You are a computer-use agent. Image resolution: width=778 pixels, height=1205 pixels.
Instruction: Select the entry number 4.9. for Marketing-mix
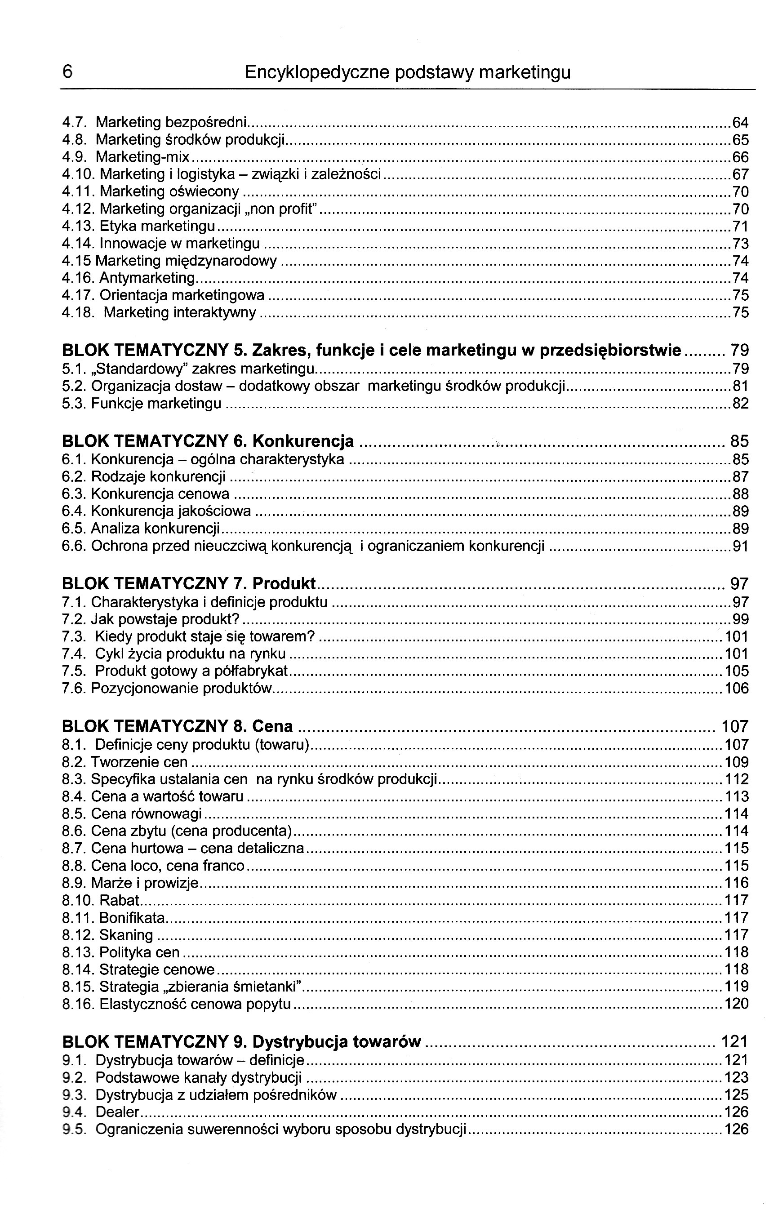point(73,157)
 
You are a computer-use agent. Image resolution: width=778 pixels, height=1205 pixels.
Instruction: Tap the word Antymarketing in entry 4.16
point(147,278)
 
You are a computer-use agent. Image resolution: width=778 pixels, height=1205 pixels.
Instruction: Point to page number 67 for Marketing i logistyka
point(740,175)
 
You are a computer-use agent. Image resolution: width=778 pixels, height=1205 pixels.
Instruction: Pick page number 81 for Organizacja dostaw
point(740,387)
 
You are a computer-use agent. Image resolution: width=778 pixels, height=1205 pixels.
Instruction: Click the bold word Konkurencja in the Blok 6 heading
point(303,441)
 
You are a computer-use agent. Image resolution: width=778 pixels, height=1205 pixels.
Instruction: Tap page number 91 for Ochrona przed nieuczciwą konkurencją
point(740,546)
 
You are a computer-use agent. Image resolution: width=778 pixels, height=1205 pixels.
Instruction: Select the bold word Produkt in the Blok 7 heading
point(284,584)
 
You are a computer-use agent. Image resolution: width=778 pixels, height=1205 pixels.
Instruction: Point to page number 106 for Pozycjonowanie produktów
point(737,688)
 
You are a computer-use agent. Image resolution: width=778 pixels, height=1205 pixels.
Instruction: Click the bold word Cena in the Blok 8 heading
point(272,726)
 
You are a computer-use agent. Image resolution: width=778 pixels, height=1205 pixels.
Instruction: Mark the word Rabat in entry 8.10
point(119,900)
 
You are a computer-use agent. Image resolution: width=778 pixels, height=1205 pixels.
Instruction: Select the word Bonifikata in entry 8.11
point(132,917)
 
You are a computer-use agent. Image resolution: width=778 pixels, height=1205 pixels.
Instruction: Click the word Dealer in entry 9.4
point(117,1112)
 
